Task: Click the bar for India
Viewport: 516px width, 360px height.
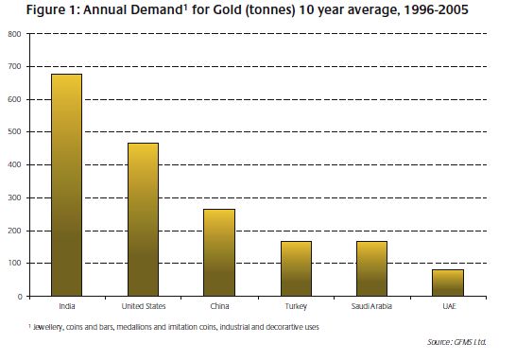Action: tap(66, 185)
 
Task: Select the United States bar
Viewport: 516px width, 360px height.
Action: tap(143, 219)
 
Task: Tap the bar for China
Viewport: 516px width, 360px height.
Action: tap(219, 252)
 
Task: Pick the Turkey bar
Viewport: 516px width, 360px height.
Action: tap(296, 268)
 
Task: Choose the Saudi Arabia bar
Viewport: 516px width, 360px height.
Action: tap(371, 268)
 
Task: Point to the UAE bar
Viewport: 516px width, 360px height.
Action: tap(448, 283)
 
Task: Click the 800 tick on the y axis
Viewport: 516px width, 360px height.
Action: tap(14, 34)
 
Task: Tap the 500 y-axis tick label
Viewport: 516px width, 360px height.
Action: tap(14, 131)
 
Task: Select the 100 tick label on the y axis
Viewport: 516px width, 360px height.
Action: tap(14, 263)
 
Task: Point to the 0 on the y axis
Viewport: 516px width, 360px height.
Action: tap(20, 297)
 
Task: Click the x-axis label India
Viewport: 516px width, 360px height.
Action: tap(67, 306)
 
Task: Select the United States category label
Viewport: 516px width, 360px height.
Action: tap(144, 306)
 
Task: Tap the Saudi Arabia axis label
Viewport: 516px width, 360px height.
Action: tap(371, 306)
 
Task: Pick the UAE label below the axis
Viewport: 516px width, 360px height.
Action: tap(449, 306)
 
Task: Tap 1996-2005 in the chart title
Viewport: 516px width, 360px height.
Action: tap(436, 9)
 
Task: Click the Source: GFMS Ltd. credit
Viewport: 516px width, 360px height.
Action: tap(456, 342)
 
